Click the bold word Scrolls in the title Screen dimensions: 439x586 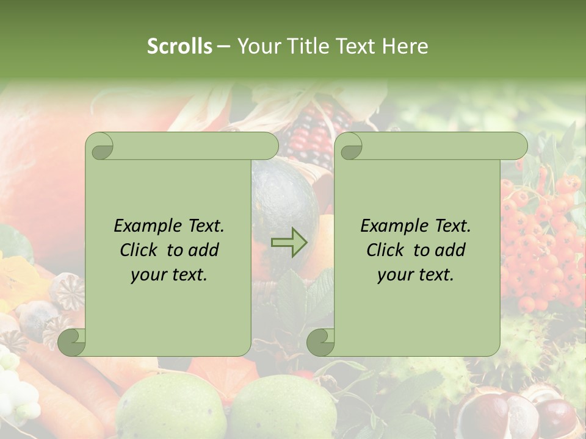point(179,46)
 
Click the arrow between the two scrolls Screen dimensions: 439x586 point(289,242)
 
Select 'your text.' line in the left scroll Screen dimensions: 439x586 point(169,274)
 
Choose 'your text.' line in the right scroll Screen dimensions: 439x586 point(416,274)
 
